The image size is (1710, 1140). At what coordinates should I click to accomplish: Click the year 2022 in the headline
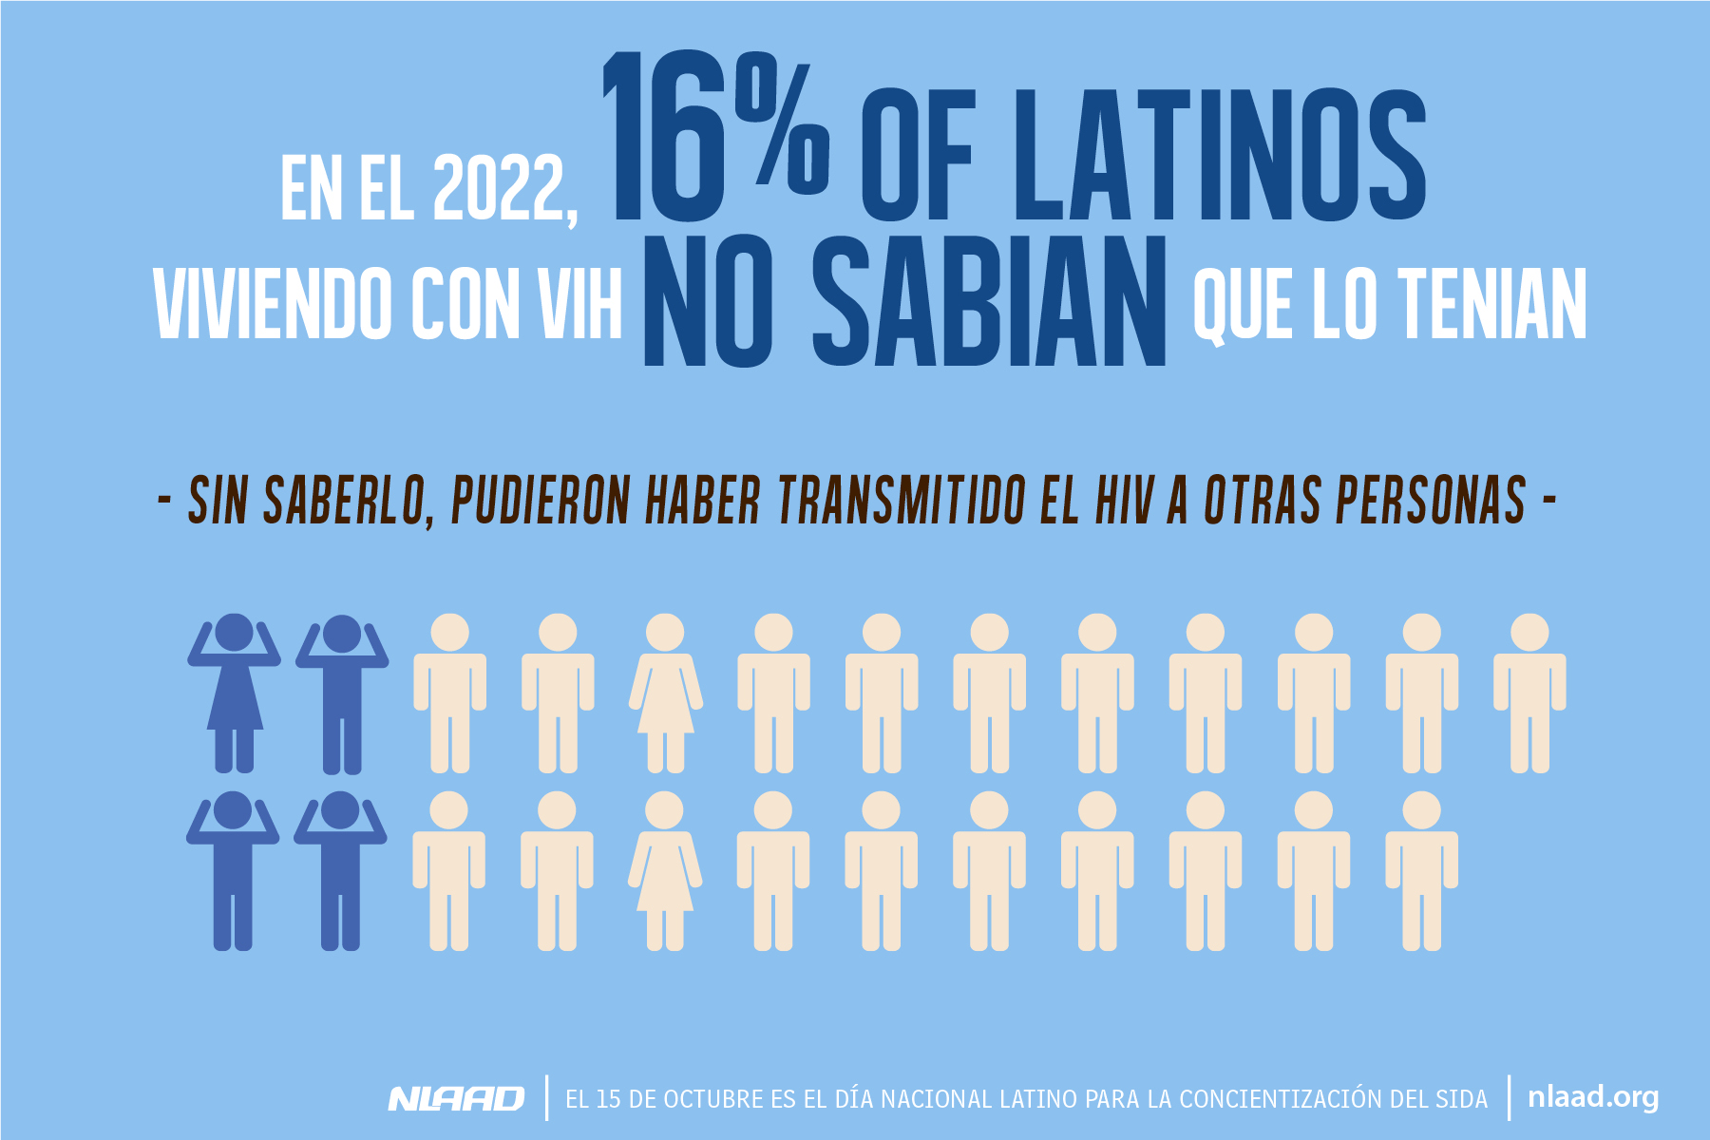[502, 189]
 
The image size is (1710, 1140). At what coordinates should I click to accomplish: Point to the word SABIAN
[989, 302]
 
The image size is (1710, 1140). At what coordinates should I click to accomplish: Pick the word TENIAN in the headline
[1492, 304]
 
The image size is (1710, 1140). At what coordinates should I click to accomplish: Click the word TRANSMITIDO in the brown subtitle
[902, 500]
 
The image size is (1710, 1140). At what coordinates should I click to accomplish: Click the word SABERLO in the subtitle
[343, 500]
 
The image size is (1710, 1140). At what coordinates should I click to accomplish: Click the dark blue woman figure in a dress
[234, 693]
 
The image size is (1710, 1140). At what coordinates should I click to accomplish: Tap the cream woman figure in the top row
[665, 693]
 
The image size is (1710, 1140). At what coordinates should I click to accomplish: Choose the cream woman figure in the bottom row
[664, 871]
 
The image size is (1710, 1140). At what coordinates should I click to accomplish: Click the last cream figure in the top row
[1529, 693]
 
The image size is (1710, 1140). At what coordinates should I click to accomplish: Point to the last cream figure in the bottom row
[1421, 871]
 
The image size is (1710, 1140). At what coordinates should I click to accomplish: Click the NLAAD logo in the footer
[456, 1099]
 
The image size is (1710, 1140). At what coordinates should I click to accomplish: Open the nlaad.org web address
[1593, 1098]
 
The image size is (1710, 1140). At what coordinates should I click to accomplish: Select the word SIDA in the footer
[1462, 1100]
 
